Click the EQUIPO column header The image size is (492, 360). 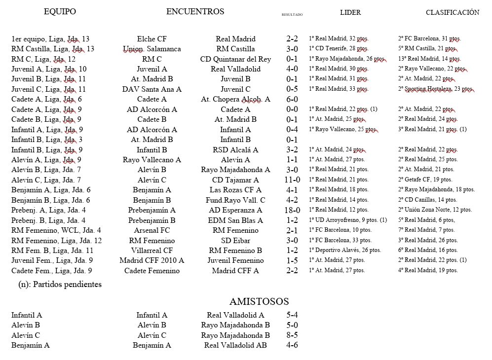[x=60, y=12]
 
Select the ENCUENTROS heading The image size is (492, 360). [x=195, y=12]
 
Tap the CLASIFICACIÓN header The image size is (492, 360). [x=453, y=13]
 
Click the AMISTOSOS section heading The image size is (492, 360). [x=259, y=302]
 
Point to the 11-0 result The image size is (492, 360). [x=292, y=180]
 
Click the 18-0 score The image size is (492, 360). [x=292, y=210]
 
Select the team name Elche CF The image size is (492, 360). [x=152, y=39]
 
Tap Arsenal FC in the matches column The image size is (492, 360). [x=152, y=230]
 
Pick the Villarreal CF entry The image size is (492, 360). [x=152, y=251]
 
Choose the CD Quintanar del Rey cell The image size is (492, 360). [x=236, y=59]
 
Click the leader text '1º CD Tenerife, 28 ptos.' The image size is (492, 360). [x=339, y=49]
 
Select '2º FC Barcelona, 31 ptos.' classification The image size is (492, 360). [x=429, y=38]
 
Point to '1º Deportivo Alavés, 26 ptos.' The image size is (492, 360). [x=345, y=251]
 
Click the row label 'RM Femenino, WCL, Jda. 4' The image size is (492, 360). [x=56, y=230]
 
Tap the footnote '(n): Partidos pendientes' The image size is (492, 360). [x=60, y=285]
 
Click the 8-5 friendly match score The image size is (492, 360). [x=292, y=335]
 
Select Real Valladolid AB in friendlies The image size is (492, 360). [x=236, y=345]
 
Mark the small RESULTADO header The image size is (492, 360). [x=292, y=15]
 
